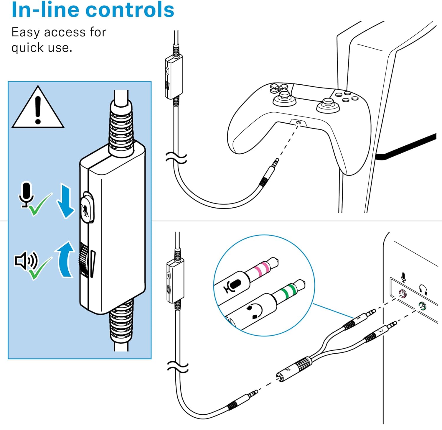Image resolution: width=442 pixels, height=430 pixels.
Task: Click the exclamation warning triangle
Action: pos(38,108)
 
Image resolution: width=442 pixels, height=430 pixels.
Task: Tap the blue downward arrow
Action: pos(65,201)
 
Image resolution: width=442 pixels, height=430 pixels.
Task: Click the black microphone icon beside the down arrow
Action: pos(27,193)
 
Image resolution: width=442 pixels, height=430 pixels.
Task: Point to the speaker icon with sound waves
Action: pos(26,260)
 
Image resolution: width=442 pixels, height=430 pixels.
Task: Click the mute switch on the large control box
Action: pos(87,208)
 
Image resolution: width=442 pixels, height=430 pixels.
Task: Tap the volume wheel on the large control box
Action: pos(84,260)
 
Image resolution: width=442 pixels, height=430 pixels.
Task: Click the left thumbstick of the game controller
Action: pos(285,97)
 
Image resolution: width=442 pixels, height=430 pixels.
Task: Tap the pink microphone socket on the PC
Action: pos(402,294)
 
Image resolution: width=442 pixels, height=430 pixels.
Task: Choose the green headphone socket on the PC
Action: pos(422,306)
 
